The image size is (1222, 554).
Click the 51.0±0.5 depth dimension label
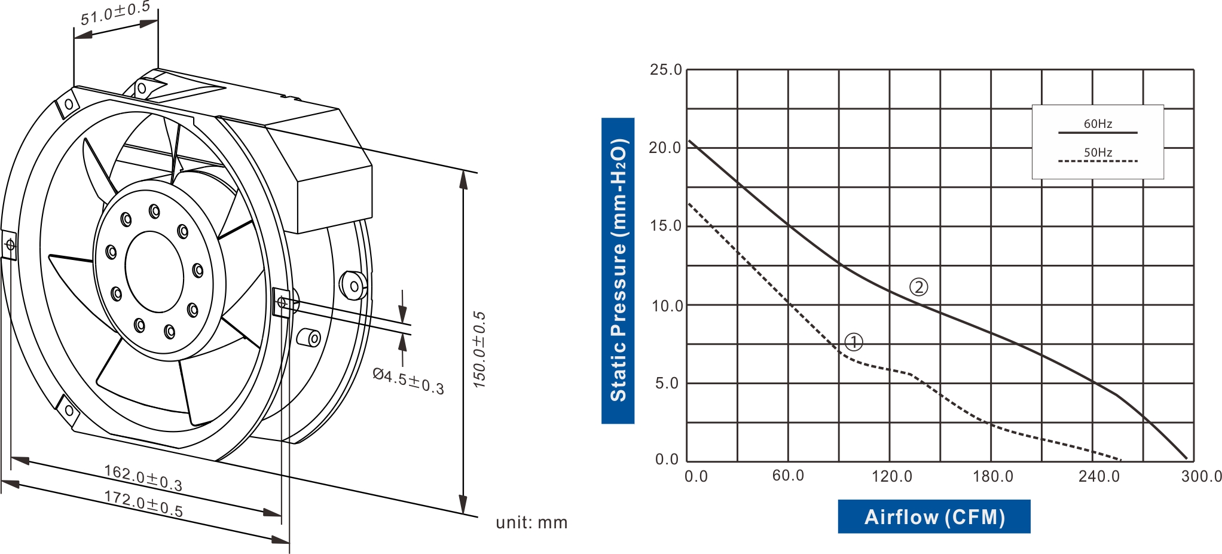point(115,13)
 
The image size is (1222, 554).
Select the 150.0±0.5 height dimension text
point(479,350)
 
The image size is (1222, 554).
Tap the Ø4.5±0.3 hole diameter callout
point(408,381)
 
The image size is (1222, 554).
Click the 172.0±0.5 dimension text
point(143,503)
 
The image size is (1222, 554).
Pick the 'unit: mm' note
point(531,522)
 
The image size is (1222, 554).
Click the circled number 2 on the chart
point(918,287)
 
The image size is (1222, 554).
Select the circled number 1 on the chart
point(854,342)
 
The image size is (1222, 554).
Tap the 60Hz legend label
point(1098,124)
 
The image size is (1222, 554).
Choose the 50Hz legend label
point(1098,152)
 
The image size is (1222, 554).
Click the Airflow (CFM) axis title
point(934,516)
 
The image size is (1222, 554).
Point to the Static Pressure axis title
point(618,270)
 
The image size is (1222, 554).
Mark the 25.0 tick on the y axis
point(666,70)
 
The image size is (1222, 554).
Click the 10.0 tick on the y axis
point(666,306)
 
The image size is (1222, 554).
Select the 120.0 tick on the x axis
point(891,476)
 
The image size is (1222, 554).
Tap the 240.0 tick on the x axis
point(1099,476)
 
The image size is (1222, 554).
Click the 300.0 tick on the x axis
point(1200,476)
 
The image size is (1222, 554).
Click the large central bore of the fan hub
point(154,271)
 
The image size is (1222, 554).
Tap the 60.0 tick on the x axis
point(788,476)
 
